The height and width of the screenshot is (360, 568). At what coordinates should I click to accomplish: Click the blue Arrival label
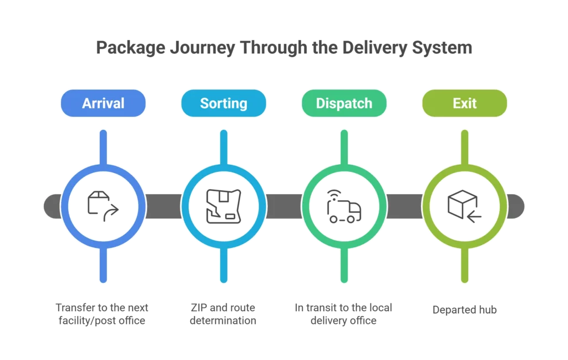tap(103, 104)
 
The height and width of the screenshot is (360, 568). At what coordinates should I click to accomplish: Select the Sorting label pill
tap(224, 104)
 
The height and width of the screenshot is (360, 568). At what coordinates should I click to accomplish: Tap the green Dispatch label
tap(344, 104)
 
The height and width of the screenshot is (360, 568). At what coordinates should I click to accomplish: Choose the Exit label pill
tap(464, 104)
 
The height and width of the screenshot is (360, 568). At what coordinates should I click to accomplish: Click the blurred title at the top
tap(283, 49)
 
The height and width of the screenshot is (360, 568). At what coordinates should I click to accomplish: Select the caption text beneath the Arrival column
tap(103, 315)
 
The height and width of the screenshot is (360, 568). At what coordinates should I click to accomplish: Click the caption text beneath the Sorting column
tap(224, 315)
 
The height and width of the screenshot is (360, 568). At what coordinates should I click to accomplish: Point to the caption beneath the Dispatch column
tap(344, 315)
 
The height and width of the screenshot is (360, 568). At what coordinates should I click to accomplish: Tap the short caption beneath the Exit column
tap(464, 310)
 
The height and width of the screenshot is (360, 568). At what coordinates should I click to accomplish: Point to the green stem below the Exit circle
tap(464, 266)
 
